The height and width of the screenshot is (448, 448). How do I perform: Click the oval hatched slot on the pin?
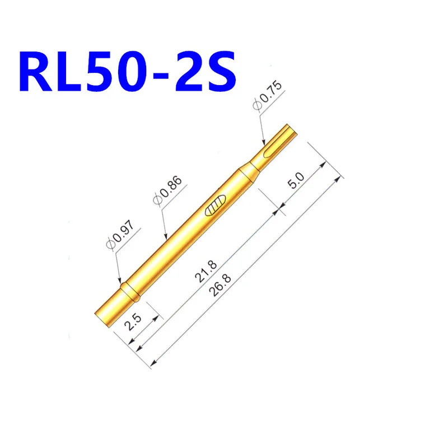(x=216, y=206)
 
